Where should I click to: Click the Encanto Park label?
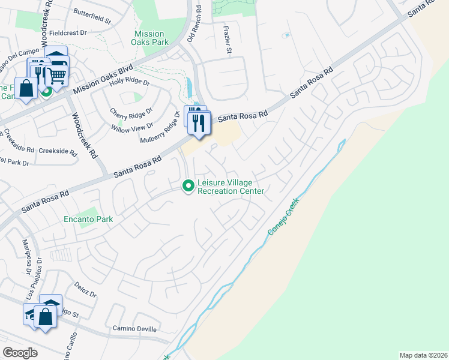88,219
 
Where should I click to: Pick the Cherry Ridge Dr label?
131,112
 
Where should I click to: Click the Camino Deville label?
134,329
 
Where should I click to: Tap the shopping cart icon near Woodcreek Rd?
57,75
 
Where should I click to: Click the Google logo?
20,352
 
